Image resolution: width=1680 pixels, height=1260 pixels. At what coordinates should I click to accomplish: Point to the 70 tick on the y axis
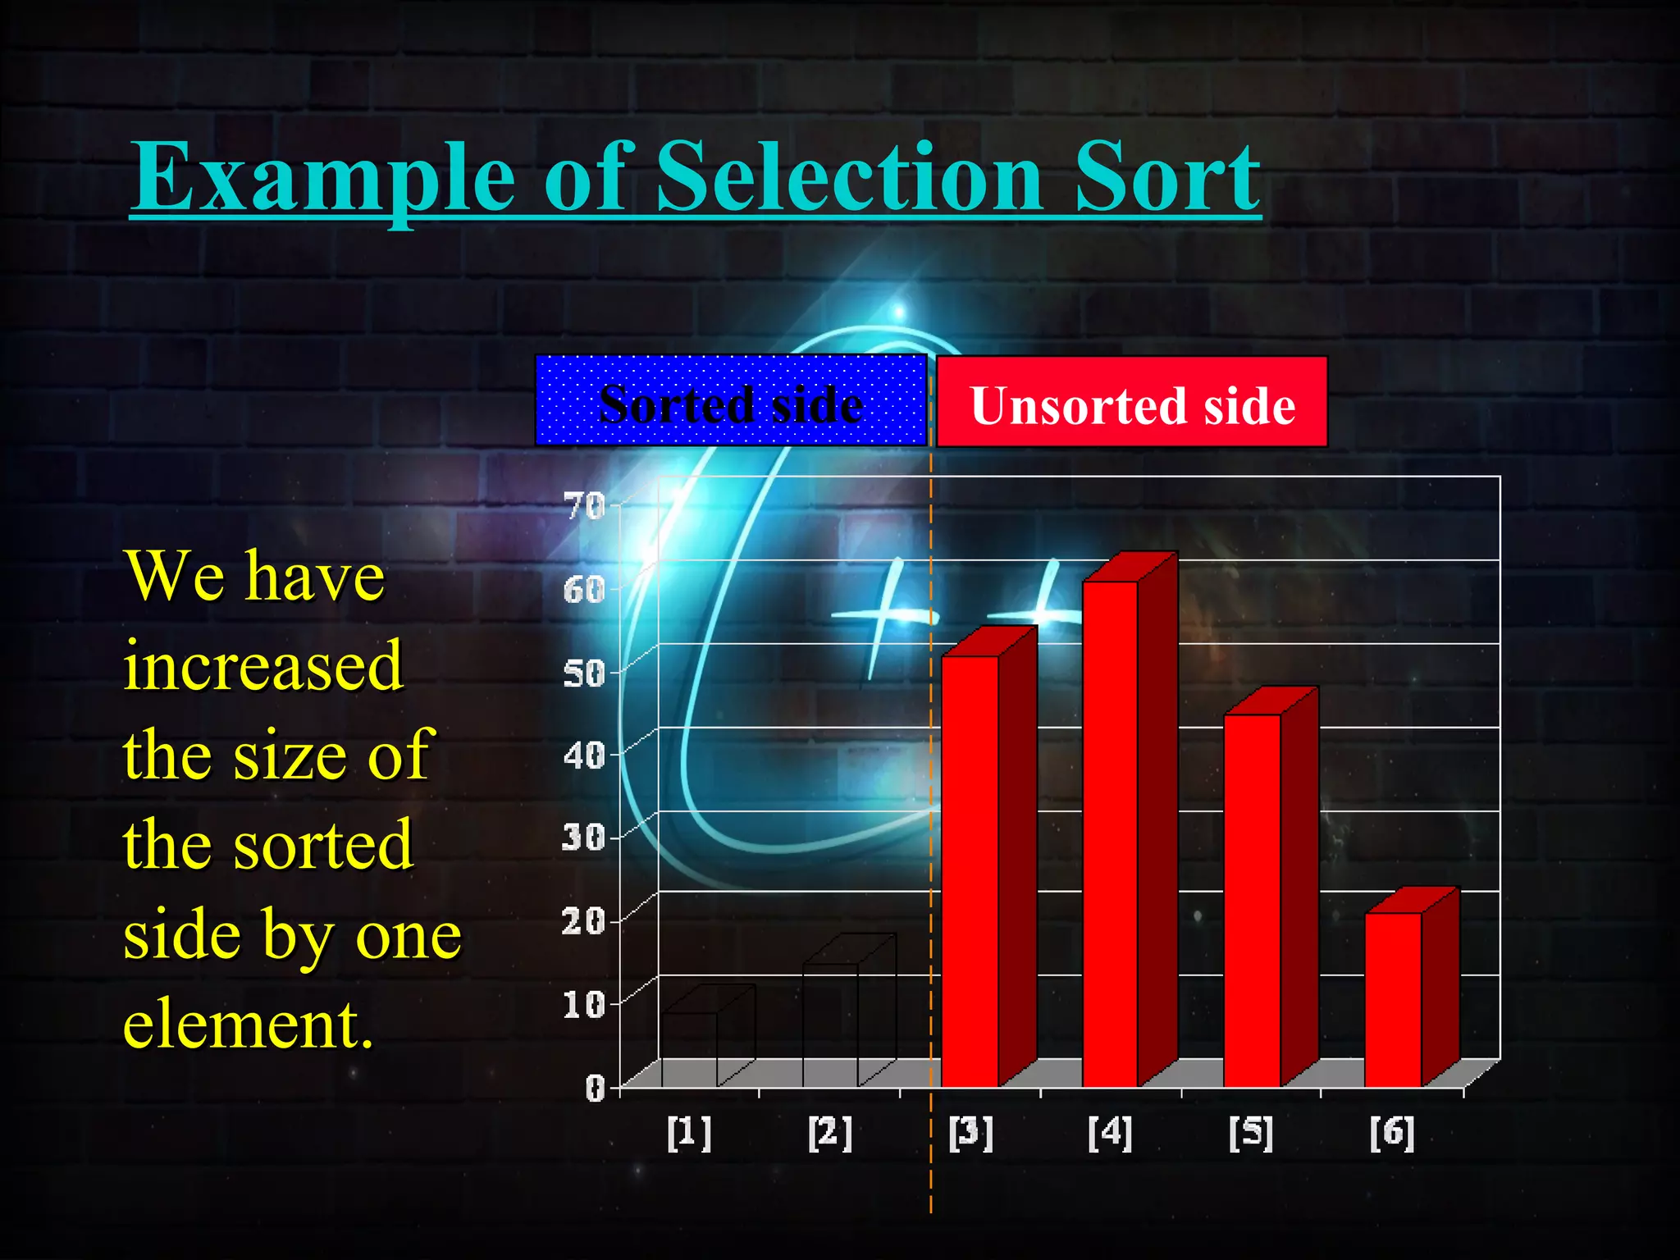click(x=585, y=506)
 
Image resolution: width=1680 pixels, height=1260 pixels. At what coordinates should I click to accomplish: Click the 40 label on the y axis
click(x=583, y=756)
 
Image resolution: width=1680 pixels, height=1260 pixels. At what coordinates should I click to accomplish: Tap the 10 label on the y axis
click(x=583, y=1004)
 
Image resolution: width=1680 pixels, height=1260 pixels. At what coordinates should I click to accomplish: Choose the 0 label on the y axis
click(x=595, y=1089)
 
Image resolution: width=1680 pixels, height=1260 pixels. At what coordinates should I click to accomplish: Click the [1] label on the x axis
click(x=689, y=1133)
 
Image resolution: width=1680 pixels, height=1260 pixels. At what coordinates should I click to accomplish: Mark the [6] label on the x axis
click(x=1392, y=1133)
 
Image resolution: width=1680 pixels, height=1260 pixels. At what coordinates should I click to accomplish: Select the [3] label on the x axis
click(x=970, y=1133)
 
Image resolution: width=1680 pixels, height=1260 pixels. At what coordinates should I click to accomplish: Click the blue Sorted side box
click(x=730, y=401)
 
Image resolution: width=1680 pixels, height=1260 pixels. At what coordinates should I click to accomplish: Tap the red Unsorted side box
click(x=1132, y=403)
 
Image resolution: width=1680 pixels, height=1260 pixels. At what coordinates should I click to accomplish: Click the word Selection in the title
click(x=849, y=176)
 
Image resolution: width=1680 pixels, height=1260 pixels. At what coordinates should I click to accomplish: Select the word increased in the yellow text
click(x=263, y=666)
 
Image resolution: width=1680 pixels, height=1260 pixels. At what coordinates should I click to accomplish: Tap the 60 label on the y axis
click(x=583, y=589)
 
